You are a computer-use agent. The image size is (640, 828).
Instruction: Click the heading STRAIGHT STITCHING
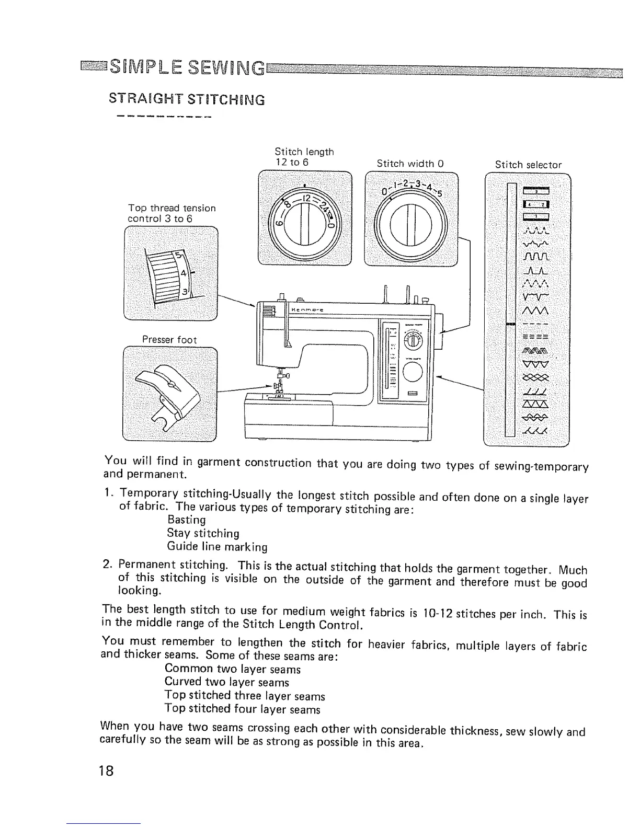(186, 99)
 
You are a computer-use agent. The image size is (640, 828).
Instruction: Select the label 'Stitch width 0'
(410, 164)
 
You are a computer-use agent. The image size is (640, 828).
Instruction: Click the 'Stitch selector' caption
(528, 165)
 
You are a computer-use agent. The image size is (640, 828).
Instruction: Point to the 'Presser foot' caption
(170, 340)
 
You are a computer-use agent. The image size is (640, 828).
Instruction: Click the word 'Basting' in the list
(187, 520)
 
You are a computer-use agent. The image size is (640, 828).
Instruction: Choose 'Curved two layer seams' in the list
(226, 682)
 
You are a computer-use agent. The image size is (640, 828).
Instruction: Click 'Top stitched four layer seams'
(242, 709)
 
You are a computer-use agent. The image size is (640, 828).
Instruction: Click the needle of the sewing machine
(279, 382)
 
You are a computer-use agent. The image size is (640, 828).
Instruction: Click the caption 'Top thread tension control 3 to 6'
(172, 213)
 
